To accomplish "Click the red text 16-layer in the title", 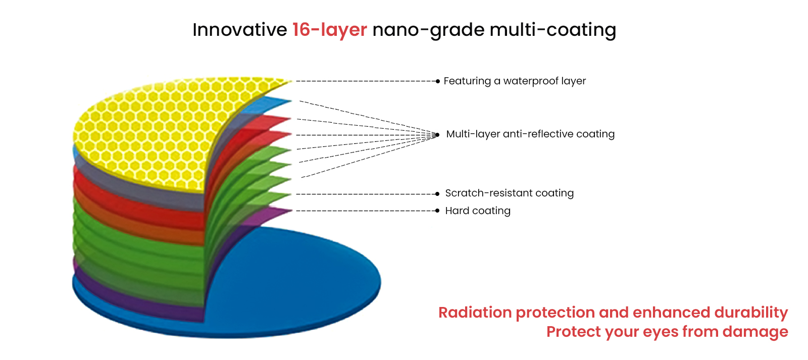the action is [x=330, y=30].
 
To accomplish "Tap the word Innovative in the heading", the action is [x=239, y=30].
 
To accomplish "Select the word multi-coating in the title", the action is [x=552, y=30].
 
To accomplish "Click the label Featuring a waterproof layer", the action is [x=515, y=81].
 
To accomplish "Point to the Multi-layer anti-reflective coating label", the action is [x=530, y=134].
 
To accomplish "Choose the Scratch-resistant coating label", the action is [x=510, y=193].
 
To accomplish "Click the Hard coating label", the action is [x=478, y=211].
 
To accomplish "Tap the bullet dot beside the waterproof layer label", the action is [x=438, y=81].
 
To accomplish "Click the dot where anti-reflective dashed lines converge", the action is [x=437, y=135].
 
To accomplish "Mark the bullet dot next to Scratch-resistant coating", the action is [x=437, y=194].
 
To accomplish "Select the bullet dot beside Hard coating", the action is [x=437, y=211].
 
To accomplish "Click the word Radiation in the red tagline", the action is [x=475, y=313].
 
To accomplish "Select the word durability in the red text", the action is [x=751, y=313].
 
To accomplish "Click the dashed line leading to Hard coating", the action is [x=366, y=211].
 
